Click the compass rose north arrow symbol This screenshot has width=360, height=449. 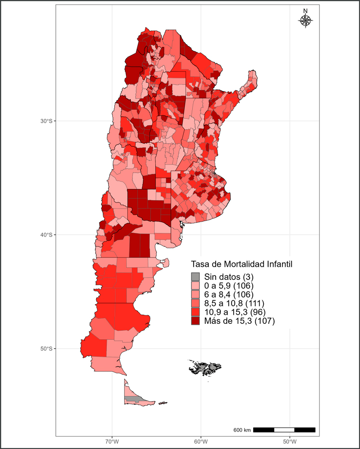click(x=305, y=20)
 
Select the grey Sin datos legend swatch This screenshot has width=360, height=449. click(x=195, y=276)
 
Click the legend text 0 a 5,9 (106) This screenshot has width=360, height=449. click(x=230, y=285)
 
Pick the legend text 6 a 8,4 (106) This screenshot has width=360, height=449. click(x=230, y=294)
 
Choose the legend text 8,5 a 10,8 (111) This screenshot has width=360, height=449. click(x=234, y=303)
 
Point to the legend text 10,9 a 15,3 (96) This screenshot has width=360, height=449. click(x=234, y=312)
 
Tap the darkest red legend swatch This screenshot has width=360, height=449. click(x=195, y=321)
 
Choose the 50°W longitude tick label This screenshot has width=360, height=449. click(x=290, y=442)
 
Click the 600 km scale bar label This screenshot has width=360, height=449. click(x=242, y=430)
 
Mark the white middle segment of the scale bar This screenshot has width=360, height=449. click(x=284, y=430)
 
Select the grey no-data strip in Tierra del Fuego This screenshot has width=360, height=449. click(x=132, y=398)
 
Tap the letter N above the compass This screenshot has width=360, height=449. click(x=305, y=11)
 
